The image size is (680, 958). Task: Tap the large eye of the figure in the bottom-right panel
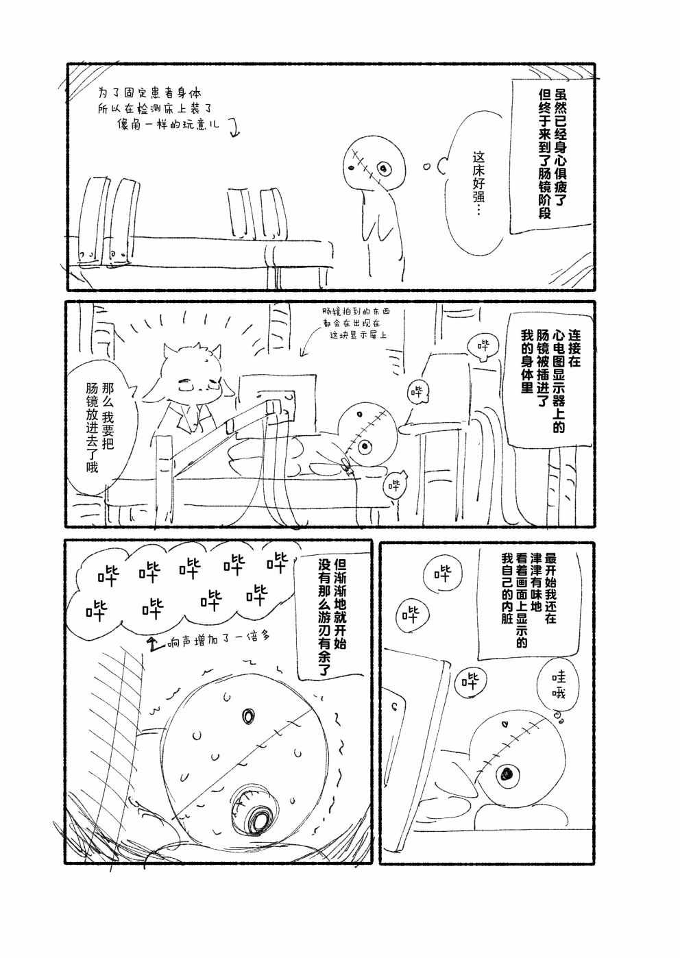point(508,775)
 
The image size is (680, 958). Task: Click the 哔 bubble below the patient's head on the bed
point(396,484)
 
